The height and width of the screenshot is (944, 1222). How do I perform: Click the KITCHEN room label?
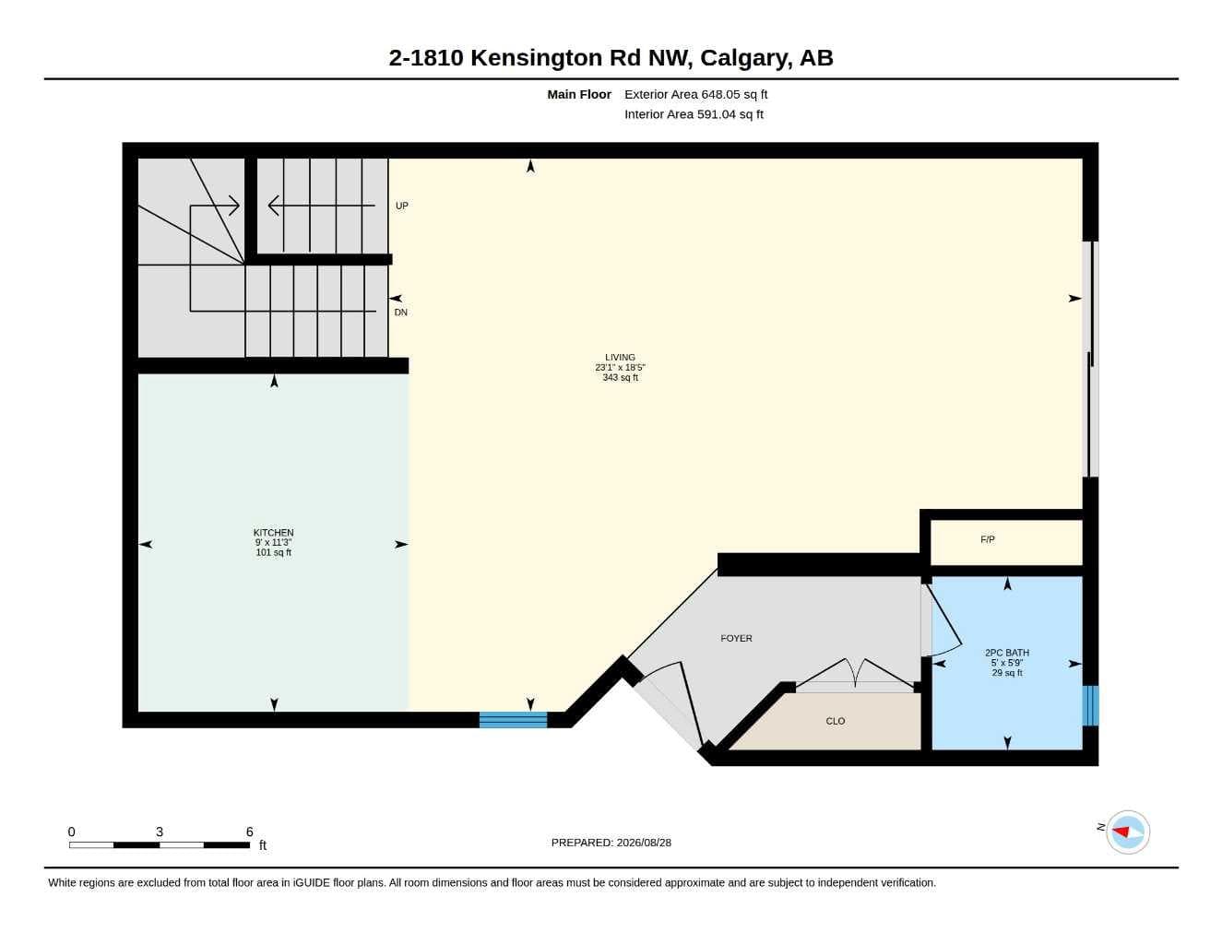pyautogui.click(x=273, y=532)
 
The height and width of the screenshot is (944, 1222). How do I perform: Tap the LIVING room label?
pyautogui.click(x=620, y=357)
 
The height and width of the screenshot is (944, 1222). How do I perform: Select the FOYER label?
pyautogui.click(x=736, y=638)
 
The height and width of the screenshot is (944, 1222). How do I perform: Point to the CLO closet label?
pyautogui.click(x=835, y=721)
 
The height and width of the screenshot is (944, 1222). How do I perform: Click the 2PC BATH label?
pyautogui.click(x=1006, y=653)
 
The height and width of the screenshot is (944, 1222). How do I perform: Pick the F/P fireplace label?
pyautogui.click(x=988, y=539)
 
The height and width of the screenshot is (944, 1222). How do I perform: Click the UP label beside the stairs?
pyautogui.click(x=401, y=206)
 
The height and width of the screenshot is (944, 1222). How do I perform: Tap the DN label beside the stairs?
pyautogui.click(x=401, y=313)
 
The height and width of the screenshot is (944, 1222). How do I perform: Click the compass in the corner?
pyautogui.click(x=1128, y=832)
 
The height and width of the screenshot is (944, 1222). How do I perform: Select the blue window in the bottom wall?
pyautogui.click(x=513, y=720)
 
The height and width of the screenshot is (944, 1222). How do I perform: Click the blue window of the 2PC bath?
pyautogui.click(x=1090, y=705)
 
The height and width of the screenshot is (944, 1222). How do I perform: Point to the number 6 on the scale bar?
pyautogui.click(x=250, y=832)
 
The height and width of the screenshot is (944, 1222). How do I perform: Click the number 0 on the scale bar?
pyautogui.click(x=71, y=832)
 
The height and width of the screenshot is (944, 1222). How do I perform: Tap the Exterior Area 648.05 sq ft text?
pyautogui.click(x=695, y=94)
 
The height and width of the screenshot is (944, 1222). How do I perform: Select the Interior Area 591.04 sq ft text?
pyautogui.click(x=694, y=114)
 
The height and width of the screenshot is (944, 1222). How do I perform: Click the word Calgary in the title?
pyautogui.click(x=743, y=58)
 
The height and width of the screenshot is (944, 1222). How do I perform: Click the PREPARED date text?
pyautogui.click(x=611, y=843)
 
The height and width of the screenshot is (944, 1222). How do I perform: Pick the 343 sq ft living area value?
pyautogui.click(x=621, y=378)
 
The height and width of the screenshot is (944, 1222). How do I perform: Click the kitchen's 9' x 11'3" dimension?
pyautogui.click(x=273, y=542)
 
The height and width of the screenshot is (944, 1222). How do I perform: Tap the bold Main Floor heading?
pyautogui.click(x=579, y=94)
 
